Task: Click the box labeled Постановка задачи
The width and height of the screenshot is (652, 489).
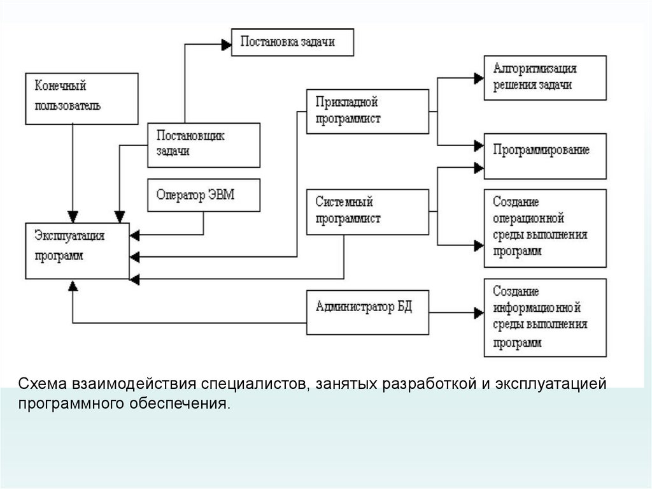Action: point(292,42)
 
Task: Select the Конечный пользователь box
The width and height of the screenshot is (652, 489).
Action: point(81,98)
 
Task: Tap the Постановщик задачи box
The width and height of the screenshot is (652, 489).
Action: point(203,145)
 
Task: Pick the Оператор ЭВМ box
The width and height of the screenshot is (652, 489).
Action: point(203,194)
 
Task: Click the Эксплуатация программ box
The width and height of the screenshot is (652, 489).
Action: point(77,251)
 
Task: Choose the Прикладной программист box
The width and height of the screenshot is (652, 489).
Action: point(367,112)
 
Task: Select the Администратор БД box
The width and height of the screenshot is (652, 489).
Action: point(367,312)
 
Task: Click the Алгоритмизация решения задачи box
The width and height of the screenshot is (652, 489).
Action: point(545,77)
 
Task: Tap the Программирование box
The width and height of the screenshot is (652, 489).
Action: point(545,156)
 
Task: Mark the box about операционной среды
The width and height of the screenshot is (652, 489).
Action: point(545,228)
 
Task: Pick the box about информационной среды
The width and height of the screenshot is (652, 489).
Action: point(545,317)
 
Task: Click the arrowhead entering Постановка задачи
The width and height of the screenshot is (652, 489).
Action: point(225,45)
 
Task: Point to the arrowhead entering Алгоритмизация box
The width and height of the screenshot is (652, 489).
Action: point(479,78)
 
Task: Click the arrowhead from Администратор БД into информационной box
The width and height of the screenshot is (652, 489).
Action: point(479,312)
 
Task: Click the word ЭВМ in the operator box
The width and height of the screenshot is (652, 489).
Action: point(221,194)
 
